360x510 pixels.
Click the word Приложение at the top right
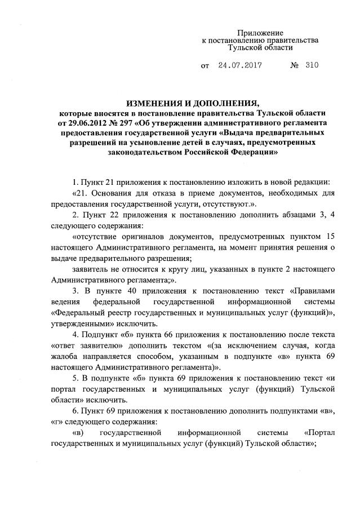(260, 33)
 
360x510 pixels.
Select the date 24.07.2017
(240, 65)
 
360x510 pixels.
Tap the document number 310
(312, 65)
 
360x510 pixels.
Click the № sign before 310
(294, 65)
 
